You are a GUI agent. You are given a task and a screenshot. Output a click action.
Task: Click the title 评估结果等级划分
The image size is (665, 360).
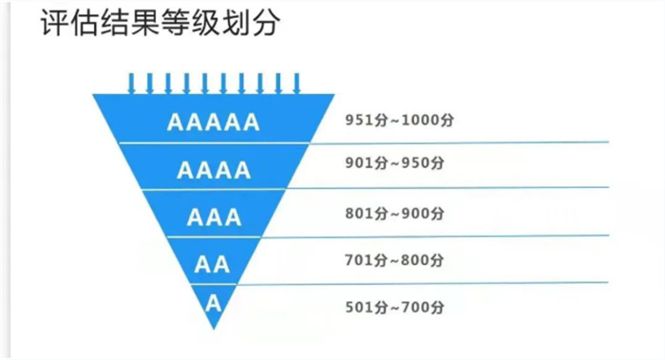pyautogui.click(x=161, y=25)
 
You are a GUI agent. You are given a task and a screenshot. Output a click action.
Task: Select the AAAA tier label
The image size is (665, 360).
pyautogui.click(x=214, y=171)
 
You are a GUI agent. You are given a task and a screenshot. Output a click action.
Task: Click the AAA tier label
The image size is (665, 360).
pyautogui.click(x=214, y=218)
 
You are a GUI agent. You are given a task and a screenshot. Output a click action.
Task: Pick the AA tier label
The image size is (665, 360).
pyautogui.click(x=213, y=263)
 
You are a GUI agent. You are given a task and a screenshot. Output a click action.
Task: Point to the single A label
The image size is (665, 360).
pyautogui.click(x=214, y=304)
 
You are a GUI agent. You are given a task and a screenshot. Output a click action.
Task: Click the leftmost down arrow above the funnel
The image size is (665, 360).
pyautogui.click(x=132, y=83)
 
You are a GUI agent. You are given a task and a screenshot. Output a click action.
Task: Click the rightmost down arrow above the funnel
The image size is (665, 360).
pyautogui.click(x=296, y=83)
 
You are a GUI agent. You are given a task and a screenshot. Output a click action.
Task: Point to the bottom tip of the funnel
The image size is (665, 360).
pyautogui.click(x=215, y=329)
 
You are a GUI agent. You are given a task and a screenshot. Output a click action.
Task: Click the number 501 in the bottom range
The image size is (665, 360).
pyautogui.click(x=357, y=307)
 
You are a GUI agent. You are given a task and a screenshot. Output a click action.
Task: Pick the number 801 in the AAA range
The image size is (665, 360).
pyautogui.click(x=357, y=212)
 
